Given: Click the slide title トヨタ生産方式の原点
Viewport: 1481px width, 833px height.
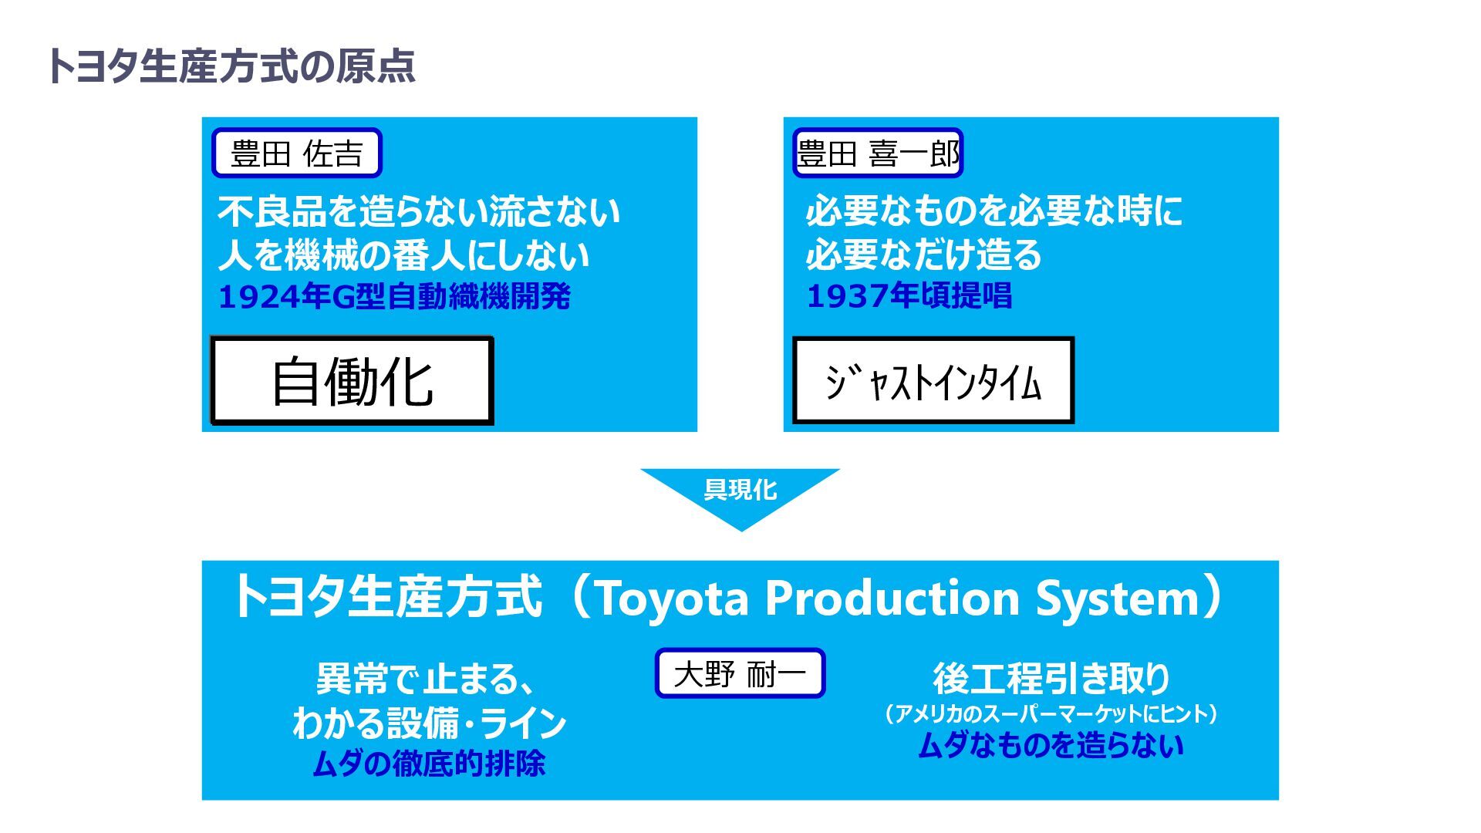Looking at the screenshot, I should [231, 66].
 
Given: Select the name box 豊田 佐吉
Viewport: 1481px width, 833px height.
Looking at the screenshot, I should [297, 153].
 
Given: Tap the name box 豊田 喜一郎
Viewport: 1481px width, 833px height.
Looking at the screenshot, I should [878, 153].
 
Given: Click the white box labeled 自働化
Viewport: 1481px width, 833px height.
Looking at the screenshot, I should [353, 381].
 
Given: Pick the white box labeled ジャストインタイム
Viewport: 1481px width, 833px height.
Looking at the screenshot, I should [933, 381].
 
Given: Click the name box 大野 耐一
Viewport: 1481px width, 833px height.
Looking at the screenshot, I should [740, 674].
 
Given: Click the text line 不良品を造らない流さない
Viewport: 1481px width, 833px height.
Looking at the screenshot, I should [419, 212].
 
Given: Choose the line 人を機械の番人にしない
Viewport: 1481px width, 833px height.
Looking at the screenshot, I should [403, 255].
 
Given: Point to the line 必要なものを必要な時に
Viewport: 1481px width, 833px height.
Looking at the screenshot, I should [994, 211].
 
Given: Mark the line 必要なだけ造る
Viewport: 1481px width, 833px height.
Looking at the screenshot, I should [923, 255].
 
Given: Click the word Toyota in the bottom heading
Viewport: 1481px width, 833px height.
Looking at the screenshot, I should [670, 599].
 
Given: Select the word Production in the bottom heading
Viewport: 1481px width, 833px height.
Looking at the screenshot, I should [892, 599].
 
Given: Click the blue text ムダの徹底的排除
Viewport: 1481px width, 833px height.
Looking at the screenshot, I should [429, 764].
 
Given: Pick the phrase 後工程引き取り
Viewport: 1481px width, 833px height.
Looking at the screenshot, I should [1051, 679].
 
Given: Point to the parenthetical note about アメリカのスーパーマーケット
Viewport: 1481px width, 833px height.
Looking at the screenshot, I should [1051, 713].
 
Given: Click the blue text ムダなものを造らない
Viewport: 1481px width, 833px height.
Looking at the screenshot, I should [1051, 746].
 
